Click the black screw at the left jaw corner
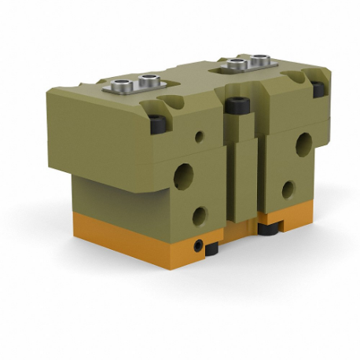tap(158, 123)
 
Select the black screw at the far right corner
tap(320, 89)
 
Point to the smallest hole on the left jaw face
tap(199, 137)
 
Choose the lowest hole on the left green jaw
tap(199, 215)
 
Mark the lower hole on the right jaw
tap(288, 189)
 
